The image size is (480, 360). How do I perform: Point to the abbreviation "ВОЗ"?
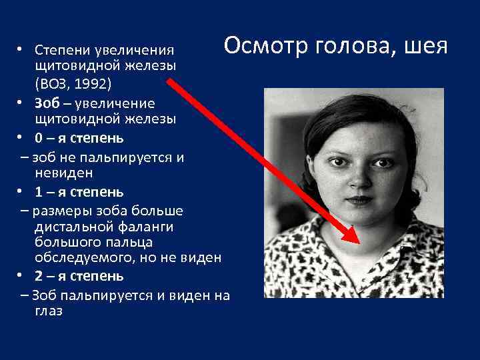[x=53, y=83]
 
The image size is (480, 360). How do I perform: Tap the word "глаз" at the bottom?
[x=49, y=311]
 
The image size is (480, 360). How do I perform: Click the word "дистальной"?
[x=71, y=226]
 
